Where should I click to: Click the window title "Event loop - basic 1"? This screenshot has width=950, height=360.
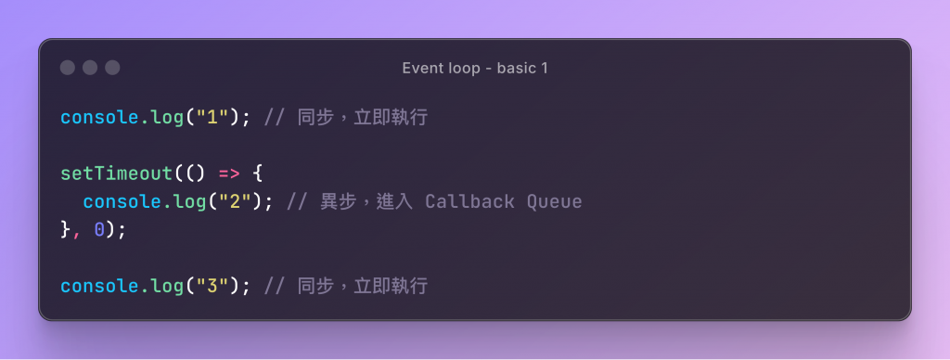coord(475,68)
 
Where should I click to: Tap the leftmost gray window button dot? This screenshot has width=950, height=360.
coord(67,68)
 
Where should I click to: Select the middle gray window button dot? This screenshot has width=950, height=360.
coord(90,68)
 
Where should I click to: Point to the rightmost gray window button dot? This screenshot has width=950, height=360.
coord(112,68)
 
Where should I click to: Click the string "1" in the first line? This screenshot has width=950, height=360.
coord(212,117)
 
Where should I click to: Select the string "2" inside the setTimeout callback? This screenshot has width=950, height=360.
coord(235,201)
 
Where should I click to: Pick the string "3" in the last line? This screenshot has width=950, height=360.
coord(212,286)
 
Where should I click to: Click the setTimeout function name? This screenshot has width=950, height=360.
coord(116,174)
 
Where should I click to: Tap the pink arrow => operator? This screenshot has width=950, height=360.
coord(229,174)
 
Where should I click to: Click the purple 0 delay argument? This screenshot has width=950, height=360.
coord(99,230)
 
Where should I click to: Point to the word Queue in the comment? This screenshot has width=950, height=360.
coord(555,202)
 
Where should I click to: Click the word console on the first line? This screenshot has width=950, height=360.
coord(99,117)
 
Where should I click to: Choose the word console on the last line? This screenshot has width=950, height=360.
coord(99,286)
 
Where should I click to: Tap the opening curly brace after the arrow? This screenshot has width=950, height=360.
coord(257,174)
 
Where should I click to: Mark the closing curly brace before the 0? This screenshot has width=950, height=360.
coord(66,230)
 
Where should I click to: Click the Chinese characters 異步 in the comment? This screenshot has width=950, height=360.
coord(338,201)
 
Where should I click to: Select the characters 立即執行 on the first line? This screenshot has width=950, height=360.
coord(392,117)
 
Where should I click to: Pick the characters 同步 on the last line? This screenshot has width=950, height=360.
coord(315,286)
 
